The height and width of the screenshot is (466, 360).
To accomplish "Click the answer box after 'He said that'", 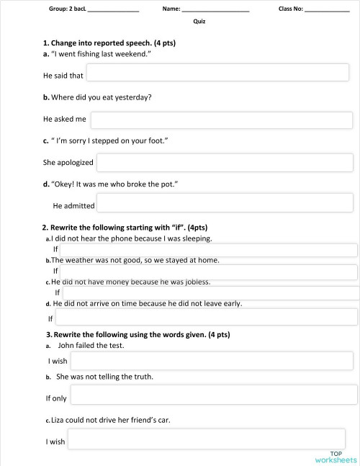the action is click(x=217, y=73).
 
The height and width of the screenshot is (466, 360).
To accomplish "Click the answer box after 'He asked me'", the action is click(x=221, y=120).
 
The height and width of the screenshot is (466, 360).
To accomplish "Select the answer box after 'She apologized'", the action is click(x=225, y=163).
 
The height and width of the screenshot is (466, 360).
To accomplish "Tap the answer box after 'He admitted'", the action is click(x=225, y=205).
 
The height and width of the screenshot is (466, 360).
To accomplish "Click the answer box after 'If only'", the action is click(x=214, y=395).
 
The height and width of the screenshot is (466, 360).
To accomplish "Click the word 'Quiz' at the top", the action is click(x=199, y=22).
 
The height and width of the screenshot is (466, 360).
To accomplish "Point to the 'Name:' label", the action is click(x=171, y=9).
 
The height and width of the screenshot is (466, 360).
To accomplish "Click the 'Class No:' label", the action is click(x=291, y=9).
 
